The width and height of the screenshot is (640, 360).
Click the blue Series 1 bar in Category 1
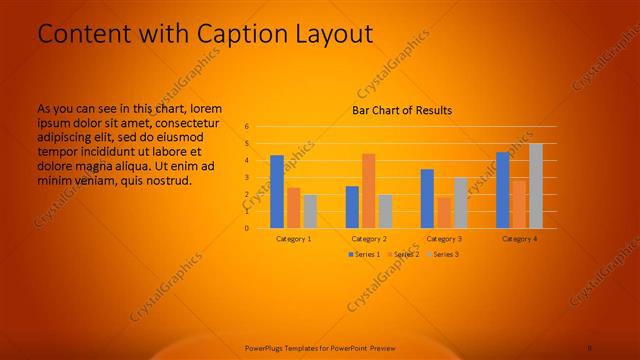[277, 191]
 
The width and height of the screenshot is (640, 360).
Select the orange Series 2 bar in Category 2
[368, 190]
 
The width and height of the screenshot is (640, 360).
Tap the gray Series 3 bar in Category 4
[536, 185]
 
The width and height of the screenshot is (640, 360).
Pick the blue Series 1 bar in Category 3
[427, 198]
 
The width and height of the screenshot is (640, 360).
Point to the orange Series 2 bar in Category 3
[443, 212]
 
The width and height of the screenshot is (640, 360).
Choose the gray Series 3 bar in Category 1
[310, 211]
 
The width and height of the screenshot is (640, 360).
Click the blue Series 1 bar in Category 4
[503, 190]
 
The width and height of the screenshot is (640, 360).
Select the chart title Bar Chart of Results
[402, 110]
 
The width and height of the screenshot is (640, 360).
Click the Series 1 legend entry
[363, 254]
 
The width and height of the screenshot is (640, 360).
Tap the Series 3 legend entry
[444, 254]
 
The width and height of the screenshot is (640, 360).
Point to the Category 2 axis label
[369, 239]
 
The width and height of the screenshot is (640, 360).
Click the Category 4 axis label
[519, 239]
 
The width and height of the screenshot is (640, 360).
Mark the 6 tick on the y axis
[246, 127]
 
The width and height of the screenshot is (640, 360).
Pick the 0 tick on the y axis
[246, 228]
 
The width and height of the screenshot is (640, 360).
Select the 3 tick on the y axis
[246, 178]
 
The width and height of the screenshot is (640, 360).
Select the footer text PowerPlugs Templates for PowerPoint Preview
[320, 348]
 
